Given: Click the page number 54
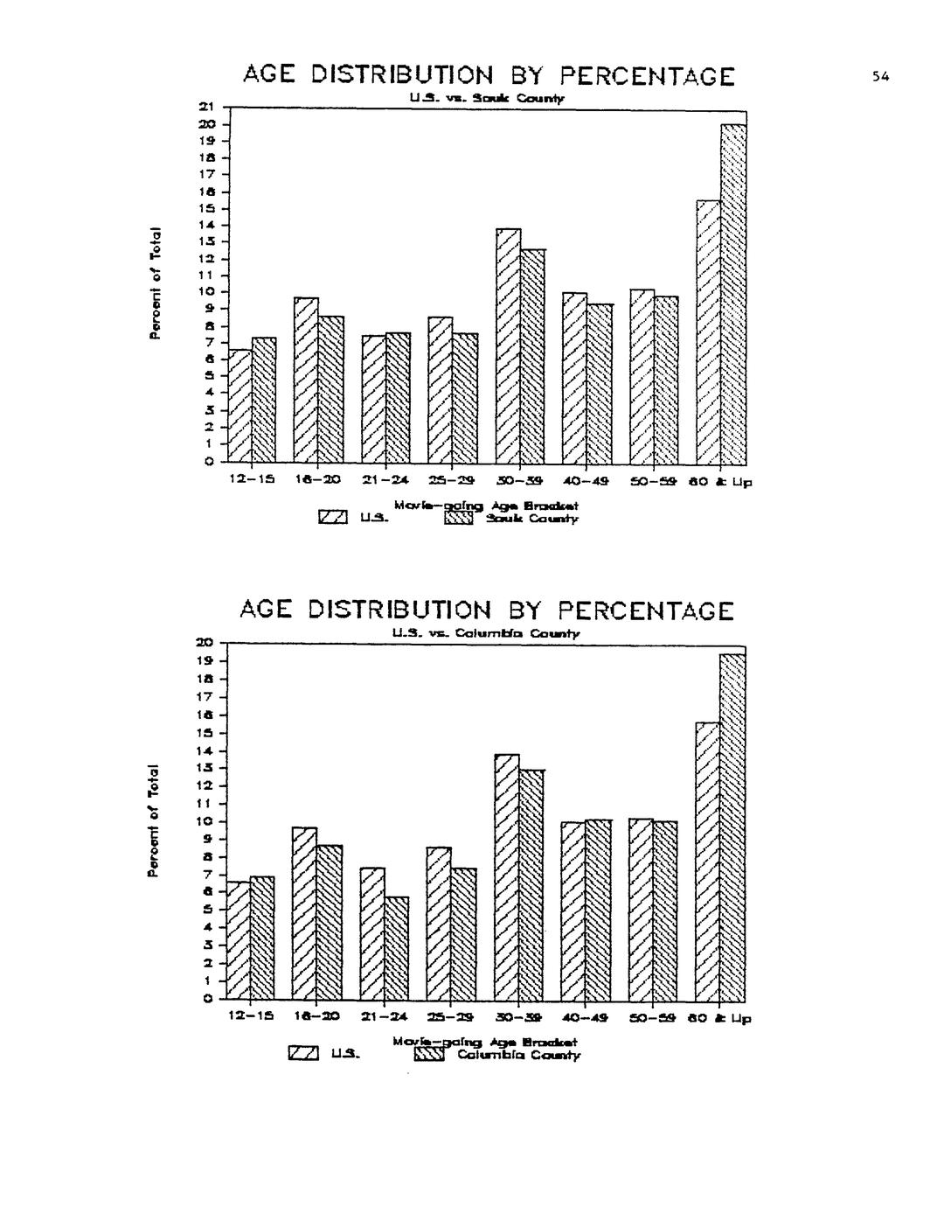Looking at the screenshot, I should click(879, 77).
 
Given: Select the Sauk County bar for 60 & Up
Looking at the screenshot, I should click(732, 293).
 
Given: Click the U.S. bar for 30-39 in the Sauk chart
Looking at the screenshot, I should click(508, 345).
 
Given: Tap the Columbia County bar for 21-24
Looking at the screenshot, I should click(396, 947).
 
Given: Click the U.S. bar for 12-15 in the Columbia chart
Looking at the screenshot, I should click(239, 940).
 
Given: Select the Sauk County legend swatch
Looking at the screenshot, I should click(458, 519).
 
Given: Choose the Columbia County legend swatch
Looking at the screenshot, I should click(429, 1055).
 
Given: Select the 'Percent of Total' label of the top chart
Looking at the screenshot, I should click(155, 282).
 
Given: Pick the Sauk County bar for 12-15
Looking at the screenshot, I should click(263, 400).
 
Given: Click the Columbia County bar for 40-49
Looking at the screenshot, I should click(598, 910).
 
